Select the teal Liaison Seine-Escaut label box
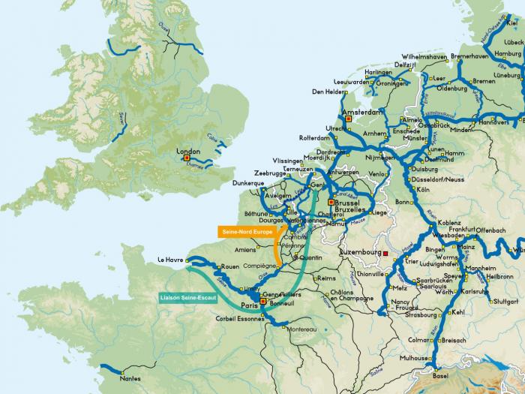click(x=188, y=297)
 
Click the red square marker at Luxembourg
click(x=385, y=254)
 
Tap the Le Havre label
click(x=171, y=260)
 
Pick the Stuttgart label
click(x=505, y=301)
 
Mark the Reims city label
click(x=327, y=278)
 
